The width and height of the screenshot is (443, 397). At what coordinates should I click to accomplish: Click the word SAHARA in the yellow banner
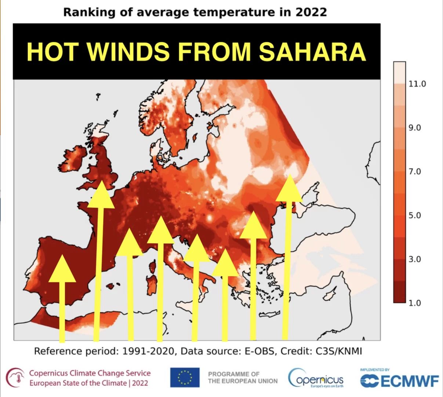312,52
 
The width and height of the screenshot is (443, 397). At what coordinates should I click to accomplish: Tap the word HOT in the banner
52,52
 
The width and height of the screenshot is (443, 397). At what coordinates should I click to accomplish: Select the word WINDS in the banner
128,52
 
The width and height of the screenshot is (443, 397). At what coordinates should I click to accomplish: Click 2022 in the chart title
311,12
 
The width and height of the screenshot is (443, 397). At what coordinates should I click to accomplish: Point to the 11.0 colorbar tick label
417,84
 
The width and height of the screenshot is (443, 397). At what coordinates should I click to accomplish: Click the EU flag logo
185,378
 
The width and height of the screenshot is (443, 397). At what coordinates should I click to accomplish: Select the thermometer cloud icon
15,378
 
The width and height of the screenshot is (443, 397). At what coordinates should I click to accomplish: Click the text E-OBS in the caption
259,351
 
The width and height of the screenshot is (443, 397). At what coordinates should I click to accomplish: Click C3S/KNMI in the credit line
339,351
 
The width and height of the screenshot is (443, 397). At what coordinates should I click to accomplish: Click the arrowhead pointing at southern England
101,194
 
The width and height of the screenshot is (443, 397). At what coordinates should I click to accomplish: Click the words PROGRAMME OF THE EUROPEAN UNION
243,378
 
